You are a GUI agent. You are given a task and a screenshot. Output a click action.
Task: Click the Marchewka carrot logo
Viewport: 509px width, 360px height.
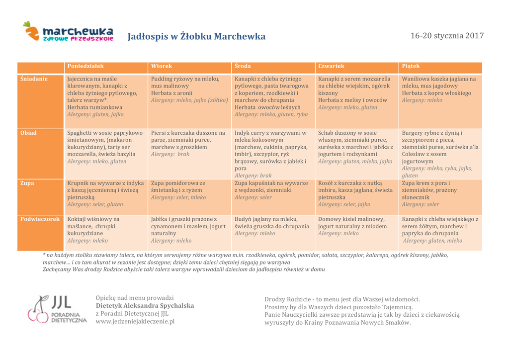pyautogui.click(x=68, y=32)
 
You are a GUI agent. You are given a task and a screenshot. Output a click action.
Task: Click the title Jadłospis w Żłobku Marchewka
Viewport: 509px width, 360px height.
pyautogui.click(x=196, y=36)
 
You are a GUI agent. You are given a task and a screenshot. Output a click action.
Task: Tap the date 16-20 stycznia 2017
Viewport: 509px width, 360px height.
pyautogui.click(x=447, y=36)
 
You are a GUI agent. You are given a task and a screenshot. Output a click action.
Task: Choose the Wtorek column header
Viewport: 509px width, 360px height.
pyautogui.click(x=162, y=66)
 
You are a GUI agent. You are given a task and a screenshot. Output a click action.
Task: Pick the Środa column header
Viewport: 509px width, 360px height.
pyautogui.click(x=243, y=66)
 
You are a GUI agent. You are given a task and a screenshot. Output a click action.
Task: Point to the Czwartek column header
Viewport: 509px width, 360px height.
pyautogui.click(x=331, y=66)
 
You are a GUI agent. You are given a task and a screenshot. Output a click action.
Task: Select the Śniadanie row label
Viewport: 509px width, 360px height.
pyautogui.click(x=34, y=79)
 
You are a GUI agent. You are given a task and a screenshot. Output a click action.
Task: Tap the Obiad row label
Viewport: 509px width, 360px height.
pyautogui.click(x=28, y=133)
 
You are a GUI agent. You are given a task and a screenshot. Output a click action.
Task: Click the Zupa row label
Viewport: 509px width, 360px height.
pyautogui.click(x=27, y=183)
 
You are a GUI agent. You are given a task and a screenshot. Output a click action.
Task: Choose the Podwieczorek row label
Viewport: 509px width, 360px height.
pyautogui.click(x=40, y=219)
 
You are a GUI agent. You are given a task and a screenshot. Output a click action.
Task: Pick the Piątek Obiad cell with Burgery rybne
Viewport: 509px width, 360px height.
pyautogui.click(x=440, y=154)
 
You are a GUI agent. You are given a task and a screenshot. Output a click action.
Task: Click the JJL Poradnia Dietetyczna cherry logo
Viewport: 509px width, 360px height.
pyautogui.click(x=57, y=310)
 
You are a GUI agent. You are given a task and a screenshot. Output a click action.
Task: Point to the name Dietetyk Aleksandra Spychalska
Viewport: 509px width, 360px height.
pyautogui.click(x=145, y=305)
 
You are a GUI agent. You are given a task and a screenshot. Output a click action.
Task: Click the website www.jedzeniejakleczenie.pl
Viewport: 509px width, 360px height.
pyautogui.click(x=135, y=321)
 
